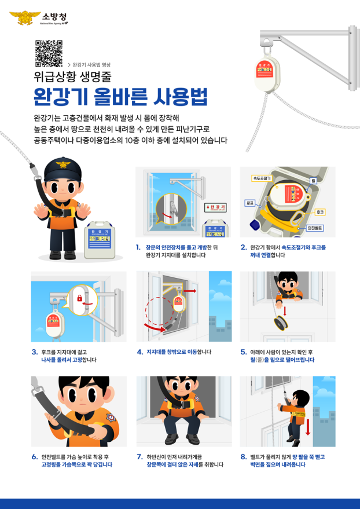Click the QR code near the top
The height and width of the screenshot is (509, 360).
click(x=49, y=53)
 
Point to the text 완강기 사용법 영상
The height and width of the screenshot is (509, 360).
click(x=91, y=64)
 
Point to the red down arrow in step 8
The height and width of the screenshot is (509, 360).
click(x=308, y=427)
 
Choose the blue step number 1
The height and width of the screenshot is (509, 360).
click(x=138, y=247)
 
